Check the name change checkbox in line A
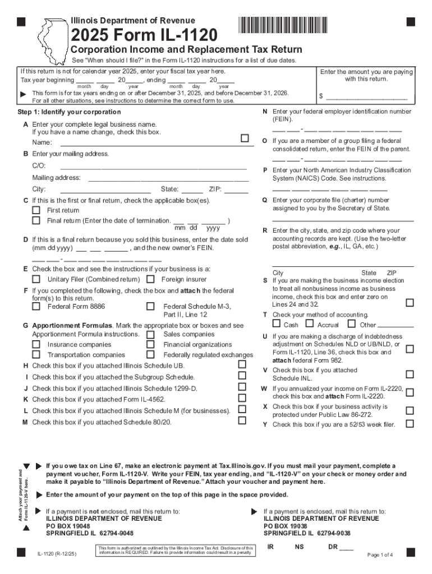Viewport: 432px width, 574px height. click(244, 138)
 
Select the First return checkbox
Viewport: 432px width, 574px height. click(36, 210)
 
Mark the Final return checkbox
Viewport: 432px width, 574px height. click(36, 220)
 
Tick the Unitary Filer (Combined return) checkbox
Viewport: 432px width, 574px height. click(36, 279)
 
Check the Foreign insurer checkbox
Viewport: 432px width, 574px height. click(150, 279)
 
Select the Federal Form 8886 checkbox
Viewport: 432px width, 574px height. click(36, 307)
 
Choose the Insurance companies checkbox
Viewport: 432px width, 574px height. click(36, 345)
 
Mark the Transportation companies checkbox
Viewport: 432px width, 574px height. click(36, 355)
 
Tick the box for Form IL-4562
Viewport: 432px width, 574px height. click(242, 398)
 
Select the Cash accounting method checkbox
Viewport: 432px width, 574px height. click(277, 323)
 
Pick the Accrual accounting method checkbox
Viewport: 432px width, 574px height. click(309, 323)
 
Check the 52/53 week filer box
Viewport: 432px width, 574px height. click(410, 424)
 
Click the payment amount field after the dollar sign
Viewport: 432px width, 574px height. click(370, 96)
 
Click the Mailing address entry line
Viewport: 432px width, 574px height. click(168, 178)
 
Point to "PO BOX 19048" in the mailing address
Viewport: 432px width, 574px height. click(68, 526)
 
